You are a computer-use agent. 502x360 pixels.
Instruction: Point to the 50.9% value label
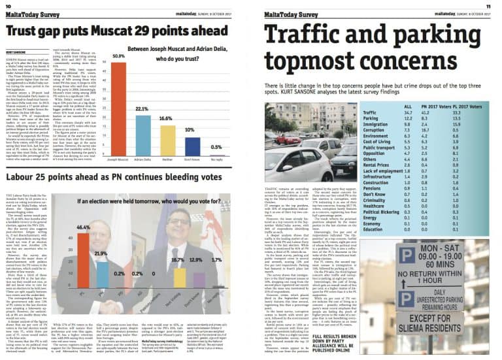pos(118,57)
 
